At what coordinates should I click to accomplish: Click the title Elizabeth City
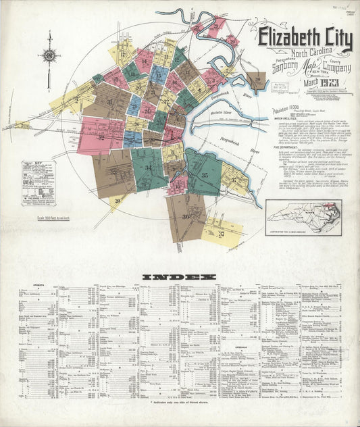pos(305,41)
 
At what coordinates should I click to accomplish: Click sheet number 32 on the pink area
pos(100,138)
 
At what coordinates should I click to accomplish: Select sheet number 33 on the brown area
pos(113,172)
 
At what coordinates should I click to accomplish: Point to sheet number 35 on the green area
pos(204,176)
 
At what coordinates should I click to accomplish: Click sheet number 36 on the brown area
pos(184,216)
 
